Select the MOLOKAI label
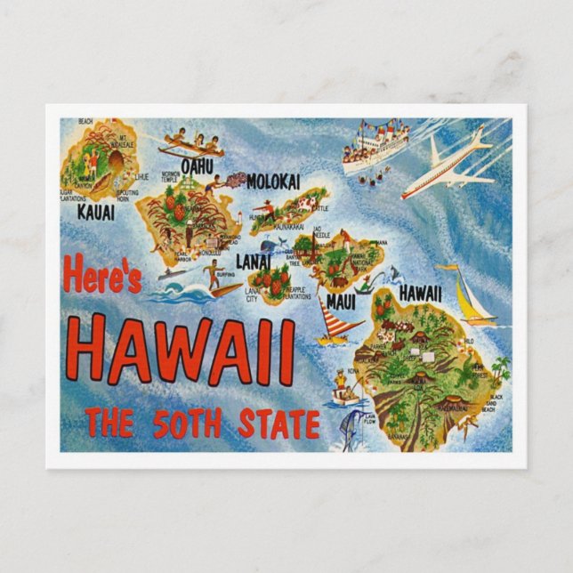[273, 182]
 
